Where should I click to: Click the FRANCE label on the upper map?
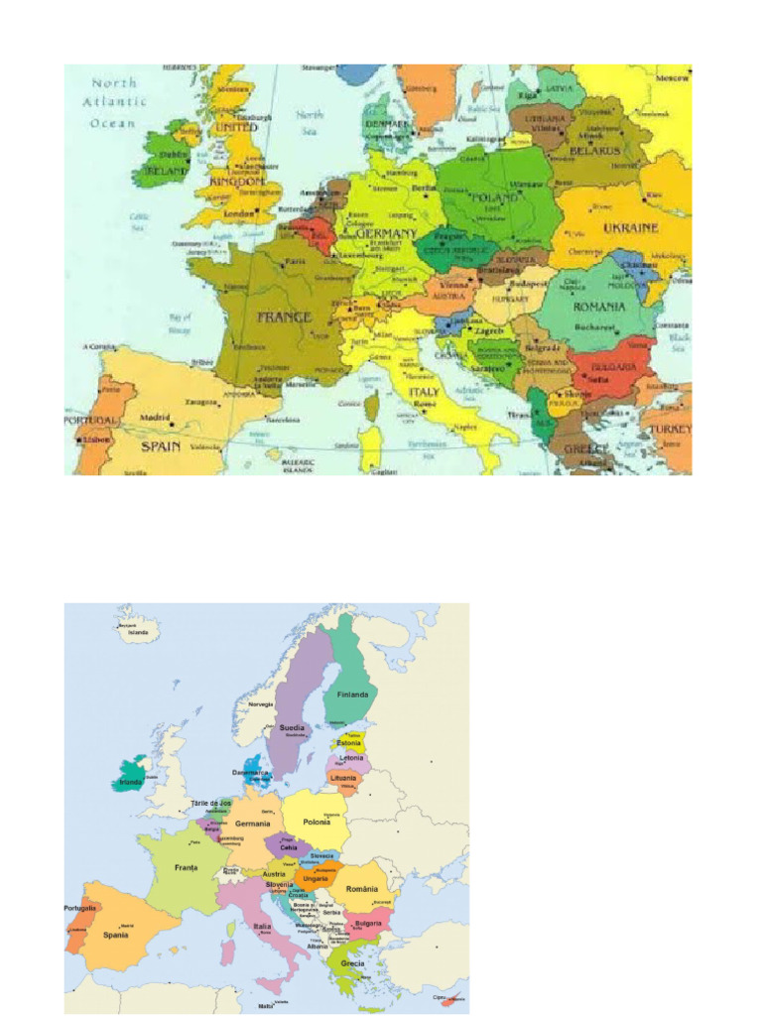tap(284, 318)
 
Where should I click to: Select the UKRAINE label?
tap(631, 228)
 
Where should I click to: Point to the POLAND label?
tap(495, 198)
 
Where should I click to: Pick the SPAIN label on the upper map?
tap(159, 446)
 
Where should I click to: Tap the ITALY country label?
tap(425, 392)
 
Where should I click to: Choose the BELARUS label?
tap(595, 152)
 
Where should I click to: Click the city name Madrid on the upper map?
tap(155, 418)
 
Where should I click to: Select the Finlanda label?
tap(352, 695)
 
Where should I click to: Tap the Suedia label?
tap(292, 727)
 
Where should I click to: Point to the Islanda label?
tap(137, 632)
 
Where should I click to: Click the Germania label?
tap(252, 824)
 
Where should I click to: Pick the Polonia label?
tap(317, 823)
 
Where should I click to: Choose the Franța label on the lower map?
tap(186, 867)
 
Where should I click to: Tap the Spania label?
tap(116, 935)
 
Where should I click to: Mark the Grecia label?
tap(352, 963)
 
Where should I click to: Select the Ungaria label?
tap(316, 878)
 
